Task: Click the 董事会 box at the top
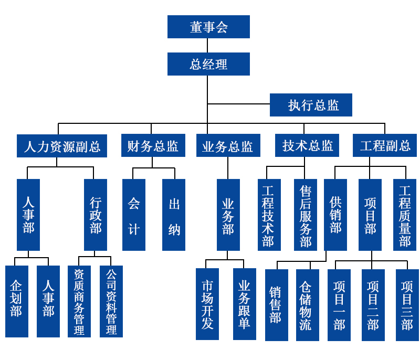tap(208, 27)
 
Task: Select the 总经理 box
tap(208, 64)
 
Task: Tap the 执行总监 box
tap(311, 105)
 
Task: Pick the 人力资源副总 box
tap(62, 146)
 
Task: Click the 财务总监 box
tap(152, 146)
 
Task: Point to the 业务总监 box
tap(227, 146)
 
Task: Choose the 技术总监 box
tap(307, 145)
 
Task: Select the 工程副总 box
tap(385, 145)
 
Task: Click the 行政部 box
tap(96, 215)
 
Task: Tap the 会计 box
tap(134, 215)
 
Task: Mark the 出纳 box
tap(174, 215)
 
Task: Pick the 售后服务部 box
tap(305, 215)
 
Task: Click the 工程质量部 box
tap(404, 215)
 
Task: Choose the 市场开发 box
tap(207, 304)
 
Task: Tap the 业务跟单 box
tap(244, 304)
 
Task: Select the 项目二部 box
tap(373, 305)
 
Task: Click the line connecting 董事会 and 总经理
tap(208, 45)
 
